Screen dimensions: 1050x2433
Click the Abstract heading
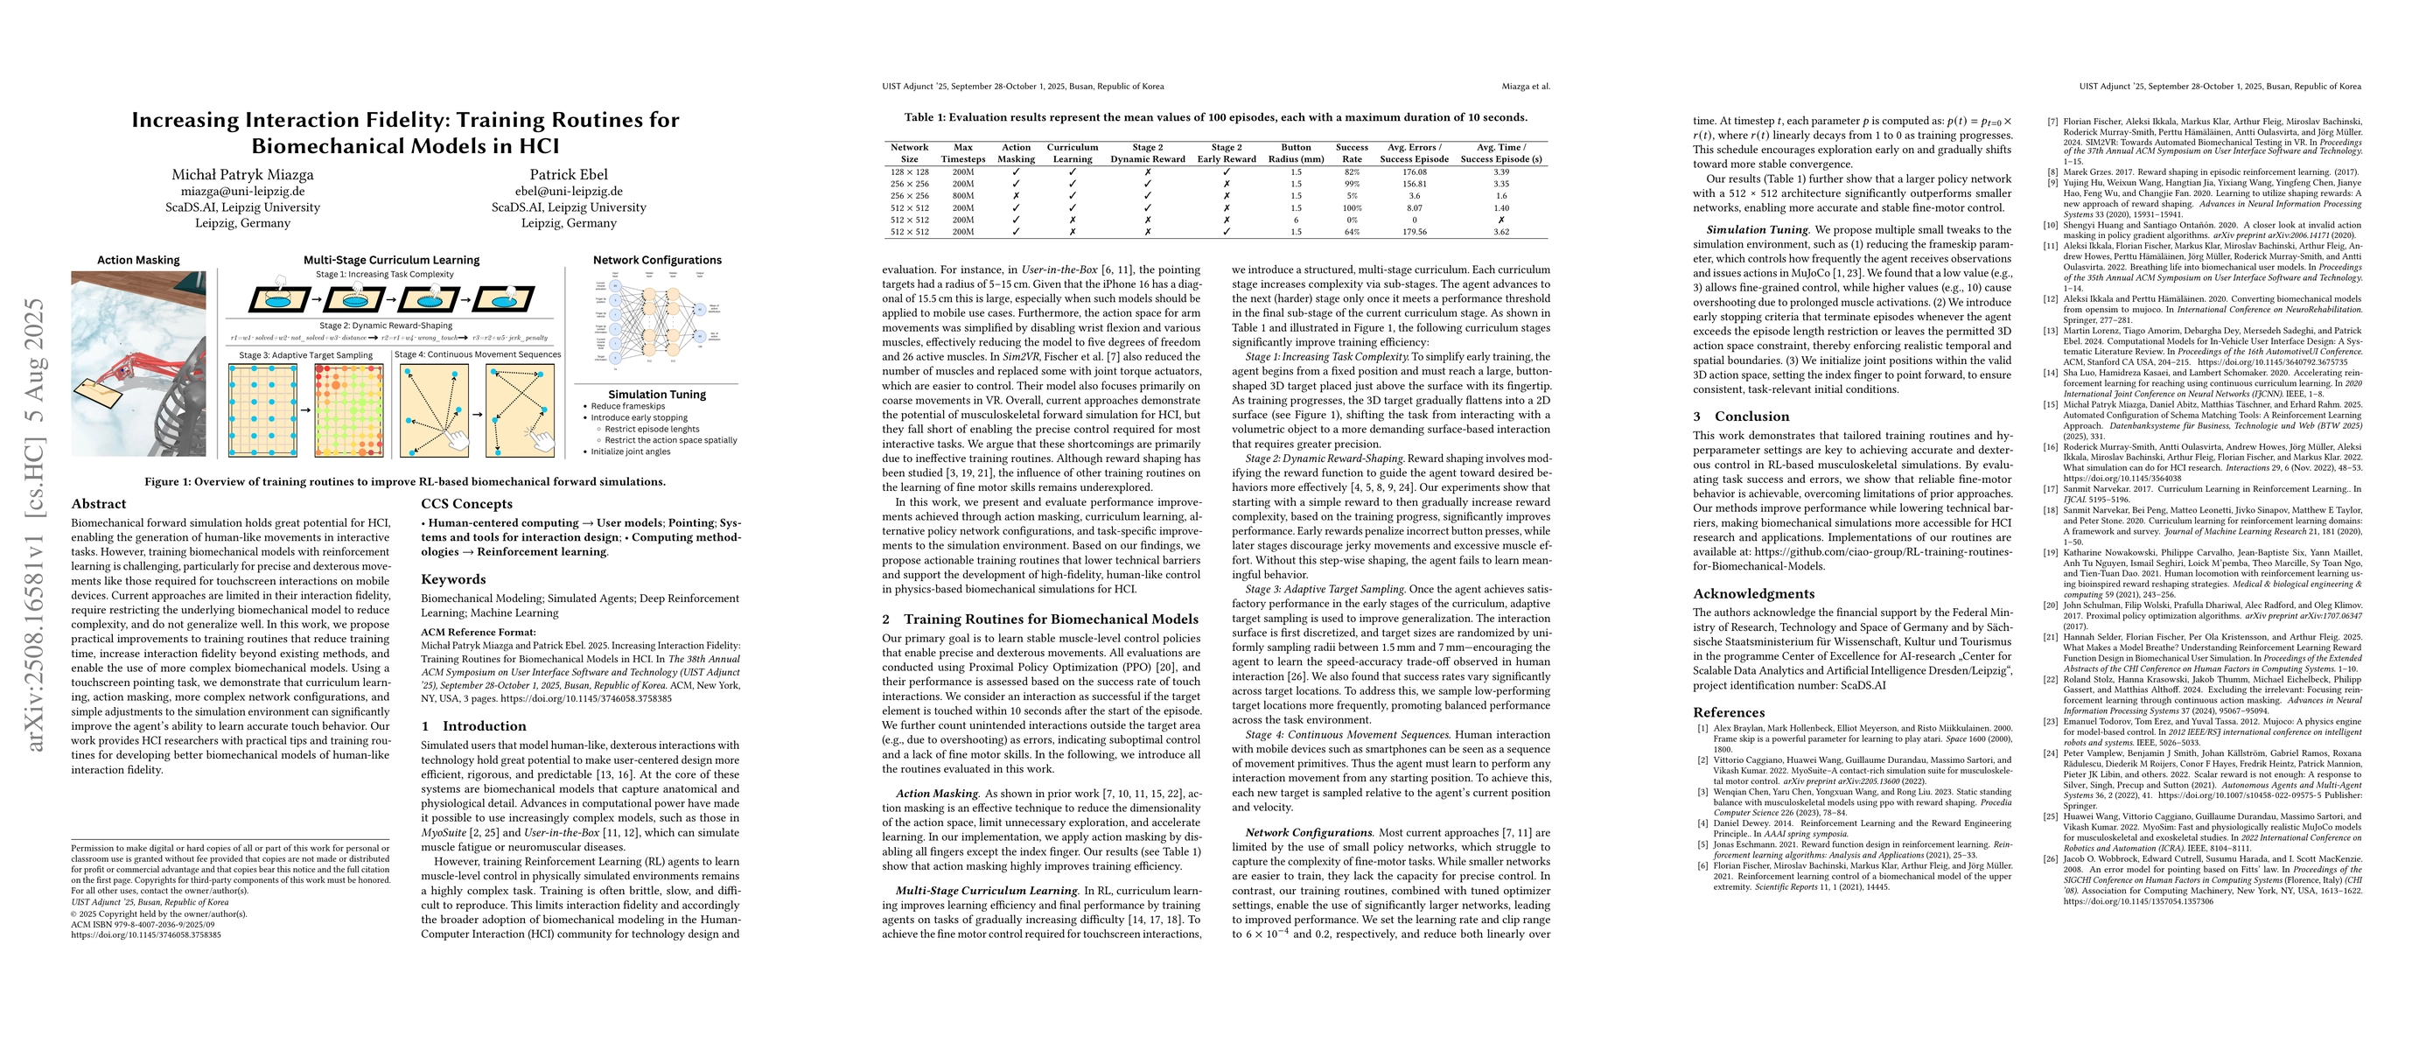(98, 504)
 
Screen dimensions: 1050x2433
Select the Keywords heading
(453, 580)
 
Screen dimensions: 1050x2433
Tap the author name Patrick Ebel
(569, 175)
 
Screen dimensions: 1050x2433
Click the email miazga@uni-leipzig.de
(242, 192)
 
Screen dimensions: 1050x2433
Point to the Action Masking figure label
(138, 261)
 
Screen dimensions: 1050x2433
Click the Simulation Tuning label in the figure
(656, 395)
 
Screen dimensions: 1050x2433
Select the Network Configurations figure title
(656, 261)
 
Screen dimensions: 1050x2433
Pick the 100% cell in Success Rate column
(1352, 207)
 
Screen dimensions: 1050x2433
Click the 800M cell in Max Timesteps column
(962, 195)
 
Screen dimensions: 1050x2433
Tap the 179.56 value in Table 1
(1414, 231)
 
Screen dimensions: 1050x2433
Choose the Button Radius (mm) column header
(1296, 153)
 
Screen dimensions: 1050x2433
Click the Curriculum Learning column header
(1072, 153)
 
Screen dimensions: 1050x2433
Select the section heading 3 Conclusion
(1728, 416)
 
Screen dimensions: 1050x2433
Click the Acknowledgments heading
(1753, 594)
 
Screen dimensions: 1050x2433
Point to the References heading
(1729, 713)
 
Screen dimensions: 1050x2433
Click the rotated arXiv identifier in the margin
(35, 524)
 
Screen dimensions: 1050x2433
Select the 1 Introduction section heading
(473, 726)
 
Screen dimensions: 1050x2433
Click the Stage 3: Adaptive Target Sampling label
(305, 355)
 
